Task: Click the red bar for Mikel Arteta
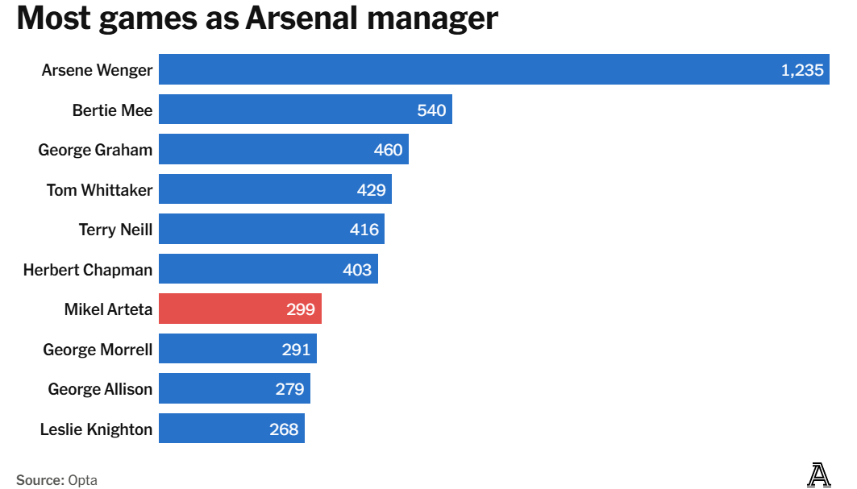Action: click(239, 309)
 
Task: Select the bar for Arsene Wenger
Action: click(493, 70)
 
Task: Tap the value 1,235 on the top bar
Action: click(802, 70)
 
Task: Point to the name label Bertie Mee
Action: click(112, 110)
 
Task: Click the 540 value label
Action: click(431, 110)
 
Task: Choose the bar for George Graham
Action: click(283, 150)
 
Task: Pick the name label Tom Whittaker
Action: click(99, 190)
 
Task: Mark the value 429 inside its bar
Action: click(372, 190)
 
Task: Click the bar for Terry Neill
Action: click(271, 230)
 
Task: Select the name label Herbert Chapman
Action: click(87, 270)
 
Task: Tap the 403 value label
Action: click(357, 270)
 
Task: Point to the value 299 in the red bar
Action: click(301, 309)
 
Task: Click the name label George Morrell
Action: click(98, 350)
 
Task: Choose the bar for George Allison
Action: click(234, 389)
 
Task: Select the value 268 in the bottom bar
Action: click(284, 429)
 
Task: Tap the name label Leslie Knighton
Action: click(96, 429)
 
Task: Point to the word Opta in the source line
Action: click(83, 480)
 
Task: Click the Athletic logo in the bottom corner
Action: click(819, 475)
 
